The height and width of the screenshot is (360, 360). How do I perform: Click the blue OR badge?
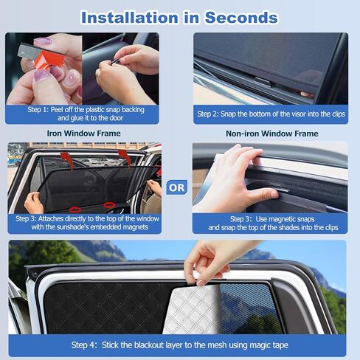(x=177, y=187)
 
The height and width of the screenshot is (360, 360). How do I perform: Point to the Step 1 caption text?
(x=83, y=114)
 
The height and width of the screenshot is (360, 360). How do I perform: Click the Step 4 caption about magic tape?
(x=179, y=345)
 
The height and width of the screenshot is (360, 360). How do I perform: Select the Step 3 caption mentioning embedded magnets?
(x=83, y=223)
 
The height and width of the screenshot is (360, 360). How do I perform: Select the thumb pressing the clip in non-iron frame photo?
(x=262, y=193)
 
